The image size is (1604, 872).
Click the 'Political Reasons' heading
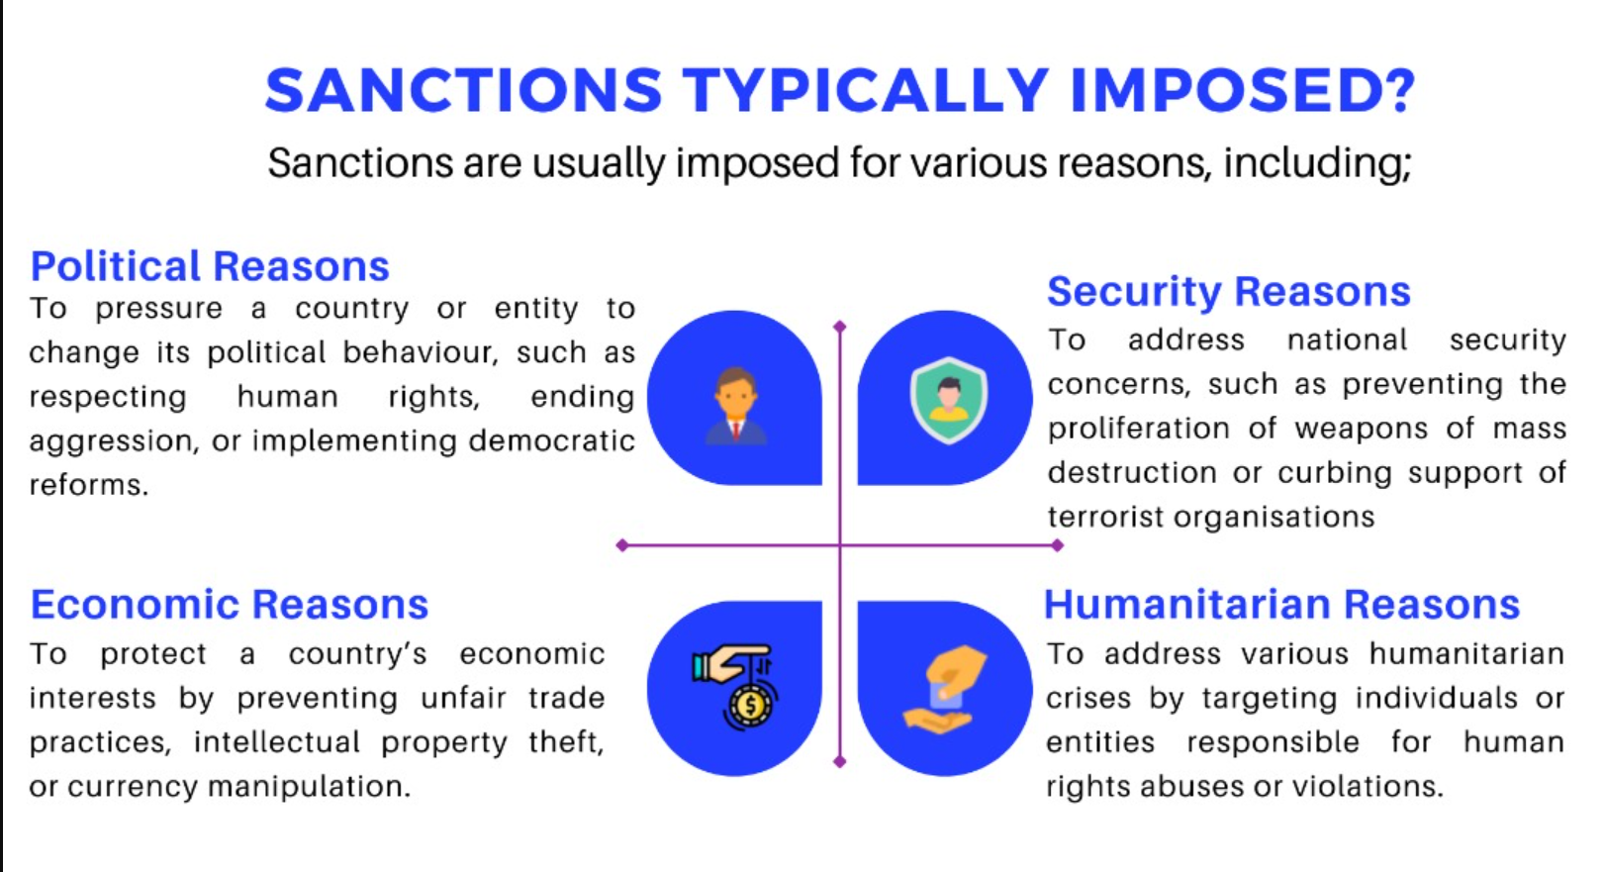[210, 266]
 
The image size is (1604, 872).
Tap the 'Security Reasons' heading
[1229, 292]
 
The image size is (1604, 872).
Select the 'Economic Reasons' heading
[230, 604]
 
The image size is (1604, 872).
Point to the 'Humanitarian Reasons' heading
[1281, 604]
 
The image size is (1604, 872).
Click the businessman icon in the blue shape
[735, 406]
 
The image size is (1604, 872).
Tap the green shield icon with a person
[949, 401]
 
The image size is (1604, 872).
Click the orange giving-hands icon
[945, 689]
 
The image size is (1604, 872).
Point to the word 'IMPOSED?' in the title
[1243, 90]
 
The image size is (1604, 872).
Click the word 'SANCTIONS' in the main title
[463, 90]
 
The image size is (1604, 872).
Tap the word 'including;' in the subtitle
[1317, 163]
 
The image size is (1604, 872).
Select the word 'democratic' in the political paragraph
[551, 439]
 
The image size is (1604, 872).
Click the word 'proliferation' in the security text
[1139, 430]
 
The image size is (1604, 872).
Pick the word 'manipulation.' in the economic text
[310, 787]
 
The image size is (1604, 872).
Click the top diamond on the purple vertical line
[840, 327]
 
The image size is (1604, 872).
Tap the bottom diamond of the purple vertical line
[840, 762]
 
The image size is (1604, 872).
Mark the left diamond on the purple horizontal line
[622, 545]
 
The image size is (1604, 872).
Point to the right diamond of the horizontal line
[1058, 545]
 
